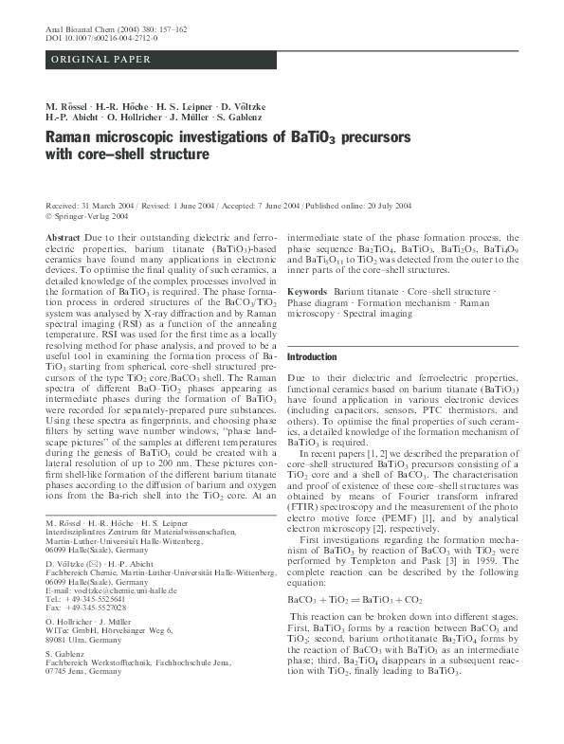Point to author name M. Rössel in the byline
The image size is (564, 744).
70,105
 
